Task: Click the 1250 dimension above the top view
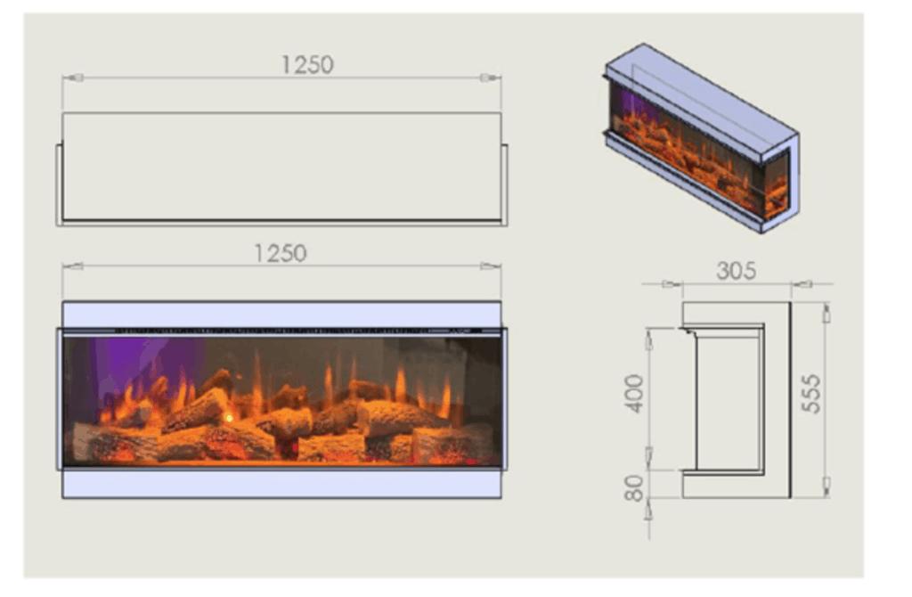(x=307, y=65)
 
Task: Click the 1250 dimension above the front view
(x=281, y=253)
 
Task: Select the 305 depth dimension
(x=736, y=271)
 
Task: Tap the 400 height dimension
(x=633, y=393)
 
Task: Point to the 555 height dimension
(x=810, y=393)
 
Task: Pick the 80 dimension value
(x=634, y=488)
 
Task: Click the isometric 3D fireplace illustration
(x=702, y=138)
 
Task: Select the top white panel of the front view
(x=281, y=314)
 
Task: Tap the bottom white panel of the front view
(x=281, y=484)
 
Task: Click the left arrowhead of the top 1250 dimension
(x=75, y=78)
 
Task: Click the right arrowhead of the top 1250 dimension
(x=489, y=78)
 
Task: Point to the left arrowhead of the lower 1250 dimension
(x=73, y=266)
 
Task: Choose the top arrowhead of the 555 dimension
(x=826, y=314)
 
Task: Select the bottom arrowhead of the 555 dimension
(x=826, y=486)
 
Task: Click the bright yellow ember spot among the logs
(x=229, y=416)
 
